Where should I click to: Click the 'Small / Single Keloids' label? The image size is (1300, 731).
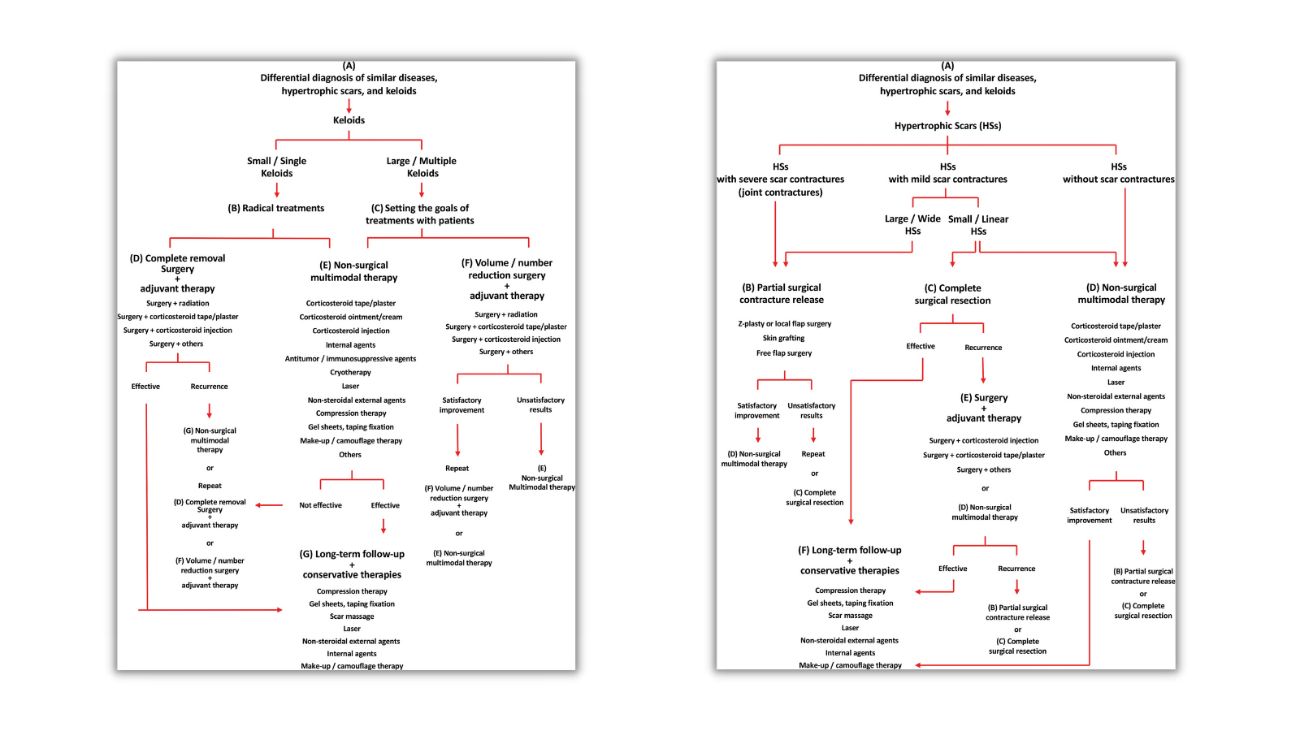[276, 167]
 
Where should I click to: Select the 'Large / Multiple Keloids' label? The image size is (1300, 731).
[422, 167]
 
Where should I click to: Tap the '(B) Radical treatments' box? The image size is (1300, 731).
[276, 209]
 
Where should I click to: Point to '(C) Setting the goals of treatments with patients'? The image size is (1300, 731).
[420, 214]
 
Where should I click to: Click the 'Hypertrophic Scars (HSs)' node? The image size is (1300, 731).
[947, 126]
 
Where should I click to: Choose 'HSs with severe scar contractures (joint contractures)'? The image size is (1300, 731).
[780, 180]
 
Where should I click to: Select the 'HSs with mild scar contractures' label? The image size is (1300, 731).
[947, 173]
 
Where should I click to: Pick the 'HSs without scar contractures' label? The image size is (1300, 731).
[1119, 173]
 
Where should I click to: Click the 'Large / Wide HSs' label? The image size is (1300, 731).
[912, 225]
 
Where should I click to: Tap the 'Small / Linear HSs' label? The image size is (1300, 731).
[978, 225]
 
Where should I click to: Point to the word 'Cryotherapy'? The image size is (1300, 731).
[350, 373]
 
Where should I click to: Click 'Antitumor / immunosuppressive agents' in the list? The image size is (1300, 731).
[350, 359]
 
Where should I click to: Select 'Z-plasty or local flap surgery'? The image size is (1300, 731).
[784, 324]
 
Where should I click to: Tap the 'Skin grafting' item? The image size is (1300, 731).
[783, 339]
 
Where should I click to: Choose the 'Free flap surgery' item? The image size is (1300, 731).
[784, 353]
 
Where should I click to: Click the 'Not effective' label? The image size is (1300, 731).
[320, 505]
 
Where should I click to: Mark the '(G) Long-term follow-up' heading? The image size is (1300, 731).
[352, 555]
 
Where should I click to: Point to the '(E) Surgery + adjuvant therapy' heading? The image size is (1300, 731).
[984, 408]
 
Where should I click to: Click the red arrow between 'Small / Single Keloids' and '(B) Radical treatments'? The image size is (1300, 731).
[277, 190]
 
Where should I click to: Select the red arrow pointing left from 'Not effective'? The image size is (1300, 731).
[269, 505]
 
